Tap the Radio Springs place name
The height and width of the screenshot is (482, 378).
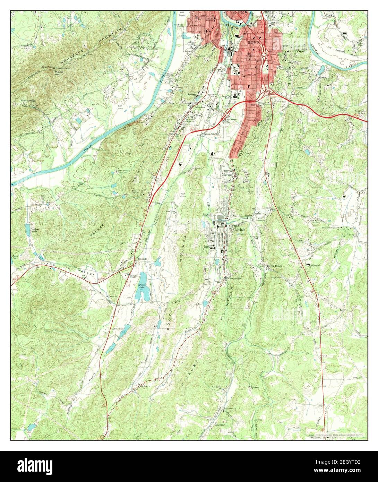tap(28, 101)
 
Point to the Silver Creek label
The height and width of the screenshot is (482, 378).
tap(275, 266)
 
